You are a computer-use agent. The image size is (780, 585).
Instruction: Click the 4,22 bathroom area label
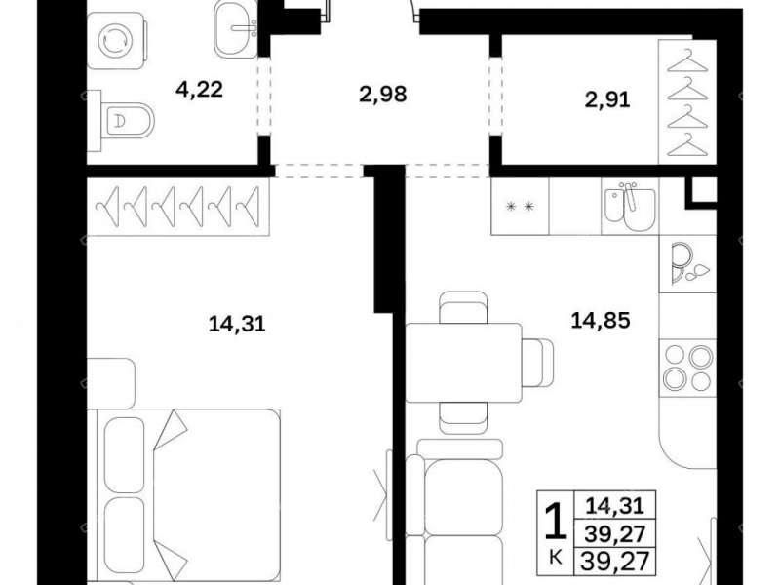(200, 90)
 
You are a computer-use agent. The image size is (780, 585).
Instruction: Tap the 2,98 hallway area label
(383, 94)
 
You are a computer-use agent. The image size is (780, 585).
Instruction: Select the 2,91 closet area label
(607, 100)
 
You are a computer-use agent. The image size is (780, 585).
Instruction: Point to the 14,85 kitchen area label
(601, 320)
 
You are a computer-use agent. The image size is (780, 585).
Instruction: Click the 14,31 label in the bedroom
(237, 325)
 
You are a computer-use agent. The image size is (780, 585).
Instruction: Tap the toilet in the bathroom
(121, 120)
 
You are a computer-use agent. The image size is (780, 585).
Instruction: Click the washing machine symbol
(117, 41)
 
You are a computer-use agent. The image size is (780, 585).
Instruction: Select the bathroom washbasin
(236, 29)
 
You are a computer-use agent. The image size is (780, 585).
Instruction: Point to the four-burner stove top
(688, 369)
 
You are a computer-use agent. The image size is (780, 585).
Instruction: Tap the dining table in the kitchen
(464, 363)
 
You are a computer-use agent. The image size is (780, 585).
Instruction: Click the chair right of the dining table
(538, 363)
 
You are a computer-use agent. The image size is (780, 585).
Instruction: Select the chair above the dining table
(464, 307)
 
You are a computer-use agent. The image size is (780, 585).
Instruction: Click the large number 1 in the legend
(556, 522)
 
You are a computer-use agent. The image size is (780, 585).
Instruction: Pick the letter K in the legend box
(556, 558)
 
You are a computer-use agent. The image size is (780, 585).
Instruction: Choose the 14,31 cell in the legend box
(615, 506)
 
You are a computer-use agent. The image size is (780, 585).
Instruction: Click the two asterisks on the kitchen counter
(520, 207)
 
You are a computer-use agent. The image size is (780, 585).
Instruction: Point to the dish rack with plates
(688, 263)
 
